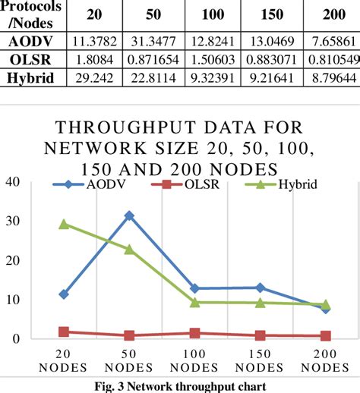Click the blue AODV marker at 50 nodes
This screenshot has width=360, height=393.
(x=129, y=215)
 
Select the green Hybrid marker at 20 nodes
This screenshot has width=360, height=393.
(x=64, y=224)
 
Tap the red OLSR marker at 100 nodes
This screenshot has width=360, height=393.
(x=194, y=333)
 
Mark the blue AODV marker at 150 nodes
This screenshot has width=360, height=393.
(x=260, y=288)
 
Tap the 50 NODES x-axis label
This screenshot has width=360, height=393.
(x=129, y=361)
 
